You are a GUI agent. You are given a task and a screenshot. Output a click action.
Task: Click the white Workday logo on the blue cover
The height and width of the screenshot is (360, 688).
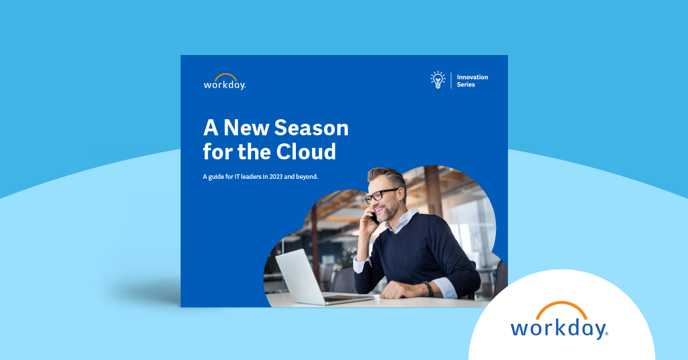(x=225, y=82)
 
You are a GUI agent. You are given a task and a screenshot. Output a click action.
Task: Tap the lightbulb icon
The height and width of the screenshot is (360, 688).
(x=437, y=80)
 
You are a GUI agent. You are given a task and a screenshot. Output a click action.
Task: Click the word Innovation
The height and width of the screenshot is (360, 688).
(x=472, y=77)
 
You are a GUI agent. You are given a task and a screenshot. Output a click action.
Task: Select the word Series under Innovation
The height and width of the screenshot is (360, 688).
(x=466, y=84)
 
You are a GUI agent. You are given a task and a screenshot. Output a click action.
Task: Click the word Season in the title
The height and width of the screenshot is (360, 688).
(x=311, y=128)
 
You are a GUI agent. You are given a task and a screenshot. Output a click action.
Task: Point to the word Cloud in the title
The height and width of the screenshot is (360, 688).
(x=306, y=151)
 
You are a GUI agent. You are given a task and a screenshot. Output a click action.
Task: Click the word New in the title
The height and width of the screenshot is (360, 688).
(x=247, y=128)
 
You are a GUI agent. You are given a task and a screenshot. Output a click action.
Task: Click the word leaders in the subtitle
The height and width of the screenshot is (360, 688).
(x=251, y=177)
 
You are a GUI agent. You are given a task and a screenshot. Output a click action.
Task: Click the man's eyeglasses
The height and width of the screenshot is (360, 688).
(x=381, y=195)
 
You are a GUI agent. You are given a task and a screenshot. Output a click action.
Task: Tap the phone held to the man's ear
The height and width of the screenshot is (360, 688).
(x=374, y=218)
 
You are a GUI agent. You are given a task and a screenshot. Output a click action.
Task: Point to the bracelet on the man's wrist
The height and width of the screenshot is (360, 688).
(x=428, y=289)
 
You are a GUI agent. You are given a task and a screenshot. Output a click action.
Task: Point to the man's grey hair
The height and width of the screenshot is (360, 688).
(x=389, y=177)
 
